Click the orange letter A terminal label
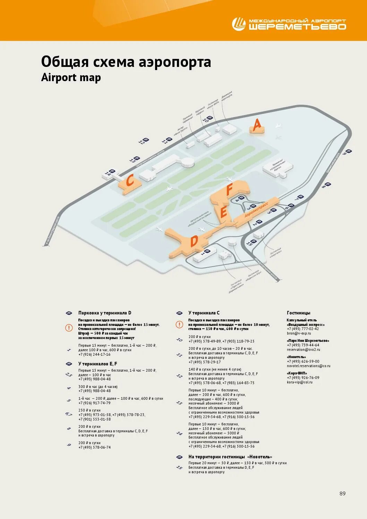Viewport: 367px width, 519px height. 257,125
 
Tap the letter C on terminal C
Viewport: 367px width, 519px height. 130,181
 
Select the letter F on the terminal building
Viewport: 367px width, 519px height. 229,190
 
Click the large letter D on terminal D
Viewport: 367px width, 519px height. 194,241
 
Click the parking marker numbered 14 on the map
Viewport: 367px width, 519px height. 110,173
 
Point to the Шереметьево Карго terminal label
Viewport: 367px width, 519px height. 277,166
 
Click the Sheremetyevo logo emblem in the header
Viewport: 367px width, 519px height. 239,24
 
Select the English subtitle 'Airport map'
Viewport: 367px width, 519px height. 71,77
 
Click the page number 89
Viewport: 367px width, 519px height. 342,493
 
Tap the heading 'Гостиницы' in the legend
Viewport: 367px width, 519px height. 299,313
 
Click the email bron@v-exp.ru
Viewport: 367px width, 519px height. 299,333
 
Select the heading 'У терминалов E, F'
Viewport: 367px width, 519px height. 98,364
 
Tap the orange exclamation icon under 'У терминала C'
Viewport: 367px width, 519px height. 179,325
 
